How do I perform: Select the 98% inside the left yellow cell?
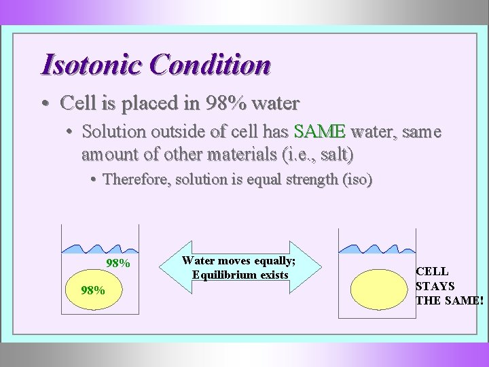(92, 290)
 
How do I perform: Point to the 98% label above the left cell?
(118, 263)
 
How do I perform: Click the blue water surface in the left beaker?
(100, 250)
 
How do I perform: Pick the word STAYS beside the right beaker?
(435, 286)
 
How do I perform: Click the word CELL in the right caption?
(432, 271)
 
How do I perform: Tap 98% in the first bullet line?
(224, 103)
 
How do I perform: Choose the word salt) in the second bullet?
(335, 154)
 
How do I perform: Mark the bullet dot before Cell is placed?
(44, 104)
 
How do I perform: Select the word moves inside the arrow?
(232, 261)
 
